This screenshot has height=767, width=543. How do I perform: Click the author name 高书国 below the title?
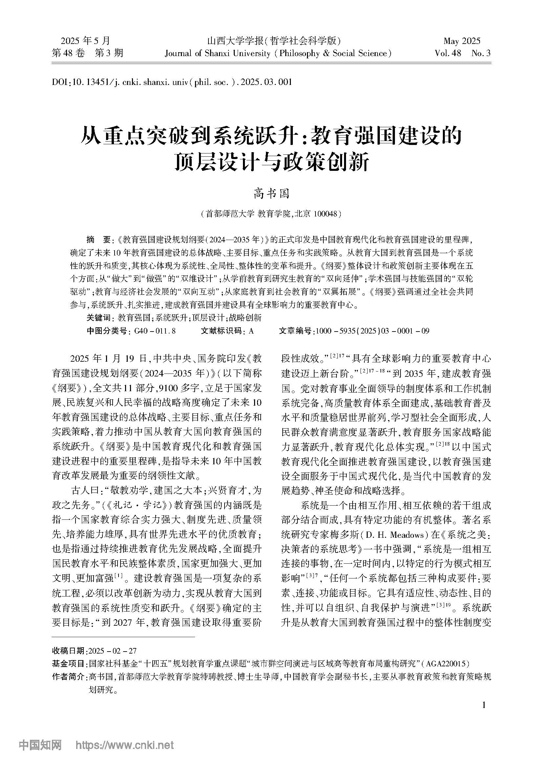271,194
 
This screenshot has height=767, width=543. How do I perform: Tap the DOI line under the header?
172,82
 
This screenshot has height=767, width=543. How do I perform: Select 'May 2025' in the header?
462,41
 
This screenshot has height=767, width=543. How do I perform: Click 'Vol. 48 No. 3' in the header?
463,53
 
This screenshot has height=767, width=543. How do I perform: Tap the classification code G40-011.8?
155,331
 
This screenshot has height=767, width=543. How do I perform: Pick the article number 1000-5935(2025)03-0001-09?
372,331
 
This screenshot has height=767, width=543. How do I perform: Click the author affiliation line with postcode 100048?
271,214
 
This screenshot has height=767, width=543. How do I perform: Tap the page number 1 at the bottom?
484,705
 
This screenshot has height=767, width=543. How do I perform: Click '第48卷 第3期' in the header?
88,53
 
